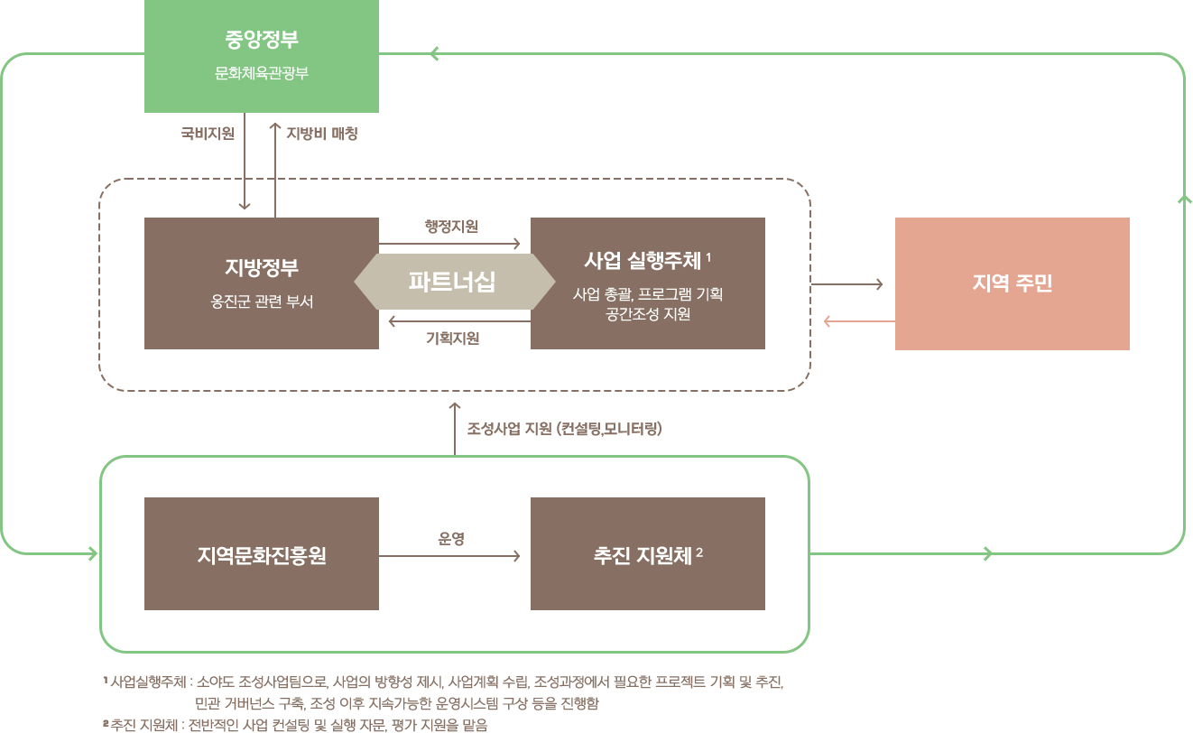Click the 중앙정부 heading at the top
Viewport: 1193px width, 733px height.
[x=262, y=40]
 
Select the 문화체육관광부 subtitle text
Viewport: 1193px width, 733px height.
[x=262, y=73]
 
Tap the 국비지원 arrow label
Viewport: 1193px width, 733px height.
[x=208, y=134]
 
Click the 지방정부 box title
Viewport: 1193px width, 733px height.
[x=262, y=268]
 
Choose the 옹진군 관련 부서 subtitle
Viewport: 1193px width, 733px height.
[x=262, y=302]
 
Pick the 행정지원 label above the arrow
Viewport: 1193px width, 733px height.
[x=451, y=226]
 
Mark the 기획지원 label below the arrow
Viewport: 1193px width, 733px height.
[x=452, y=339]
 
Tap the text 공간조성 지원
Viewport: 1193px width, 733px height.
[x=648, y=314]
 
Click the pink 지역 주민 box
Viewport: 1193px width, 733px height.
[x=1012, y=283]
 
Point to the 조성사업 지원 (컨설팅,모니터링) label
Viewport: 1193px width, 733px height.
[x=564, y=429]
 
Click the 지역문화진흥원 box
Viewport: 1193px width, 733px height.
[x=262, y=553]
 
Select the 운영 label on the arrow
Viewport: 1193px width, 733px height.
[x=451, y=539]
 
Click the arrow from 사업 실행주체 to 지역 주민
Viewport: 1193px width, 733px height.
[x=846, y=284]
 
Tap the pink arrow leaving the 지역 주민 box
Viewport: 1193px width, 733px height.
[x=858, y=320]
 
